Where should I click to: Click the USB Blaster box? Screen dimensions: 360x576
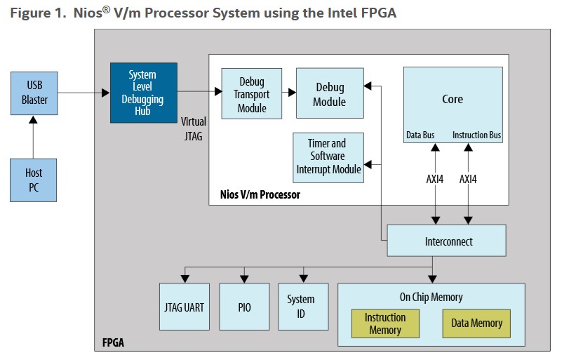pos(34,92)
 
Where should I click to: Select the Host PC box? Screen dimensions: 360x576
pos(34,180)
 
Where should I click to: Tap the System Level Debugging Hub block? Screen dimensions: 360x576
pos(143,93)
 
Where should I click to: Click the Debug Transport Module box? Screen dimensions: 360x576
pos(252,93)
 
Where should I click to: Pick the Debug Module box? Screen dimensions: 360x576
pos(330,93)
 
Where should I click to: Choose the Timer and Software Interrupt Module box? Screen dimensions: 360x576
pos(328,157)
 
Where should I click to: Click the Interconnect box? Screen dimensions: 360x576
pos(446,241)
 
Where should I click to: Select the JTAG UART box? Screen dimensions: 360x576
pos(185,307)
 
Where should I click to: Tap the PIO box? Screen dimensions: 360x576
pos(244,307)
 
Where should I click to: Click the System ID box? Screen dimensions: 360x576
pos(301,307)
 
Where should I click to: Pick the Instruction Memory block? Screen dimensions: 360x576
pos(385,323)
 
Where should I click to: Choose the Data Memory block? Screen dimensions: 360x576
pos(476,323)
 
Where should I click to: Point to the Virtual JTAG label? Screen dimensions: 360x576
pos(193,129)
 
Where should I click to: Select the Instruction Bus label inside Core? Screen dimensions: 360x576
pos(476,135)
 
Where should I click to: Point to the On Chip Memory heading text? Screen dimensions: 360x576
pos(431,297)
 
